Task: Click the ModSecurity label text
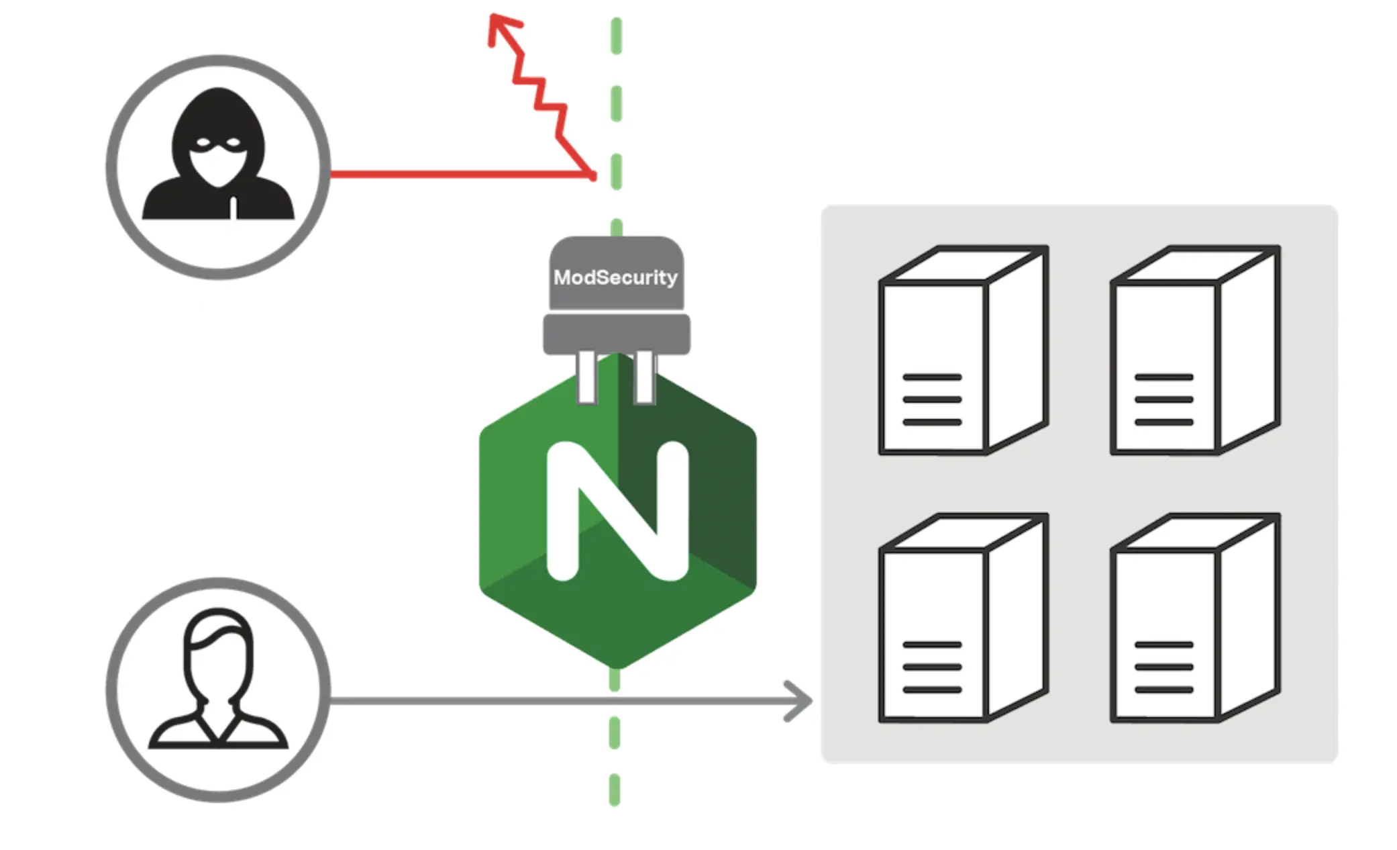tap(615, 277)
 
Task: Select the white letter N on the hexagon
tap(617, 510)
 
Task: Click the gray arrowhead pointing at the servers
tap(800, 701)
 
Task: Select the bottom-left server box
tap(963, 618)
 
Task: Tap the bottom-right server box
tap(1195, 618)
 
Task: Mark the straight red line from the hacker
tap(456, 175)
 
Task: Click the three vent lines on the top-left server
tap(932, 399)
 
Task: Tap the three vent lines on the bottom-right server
tap(1163, 667)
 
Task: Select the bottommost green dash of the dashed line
tap(615, 790)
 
